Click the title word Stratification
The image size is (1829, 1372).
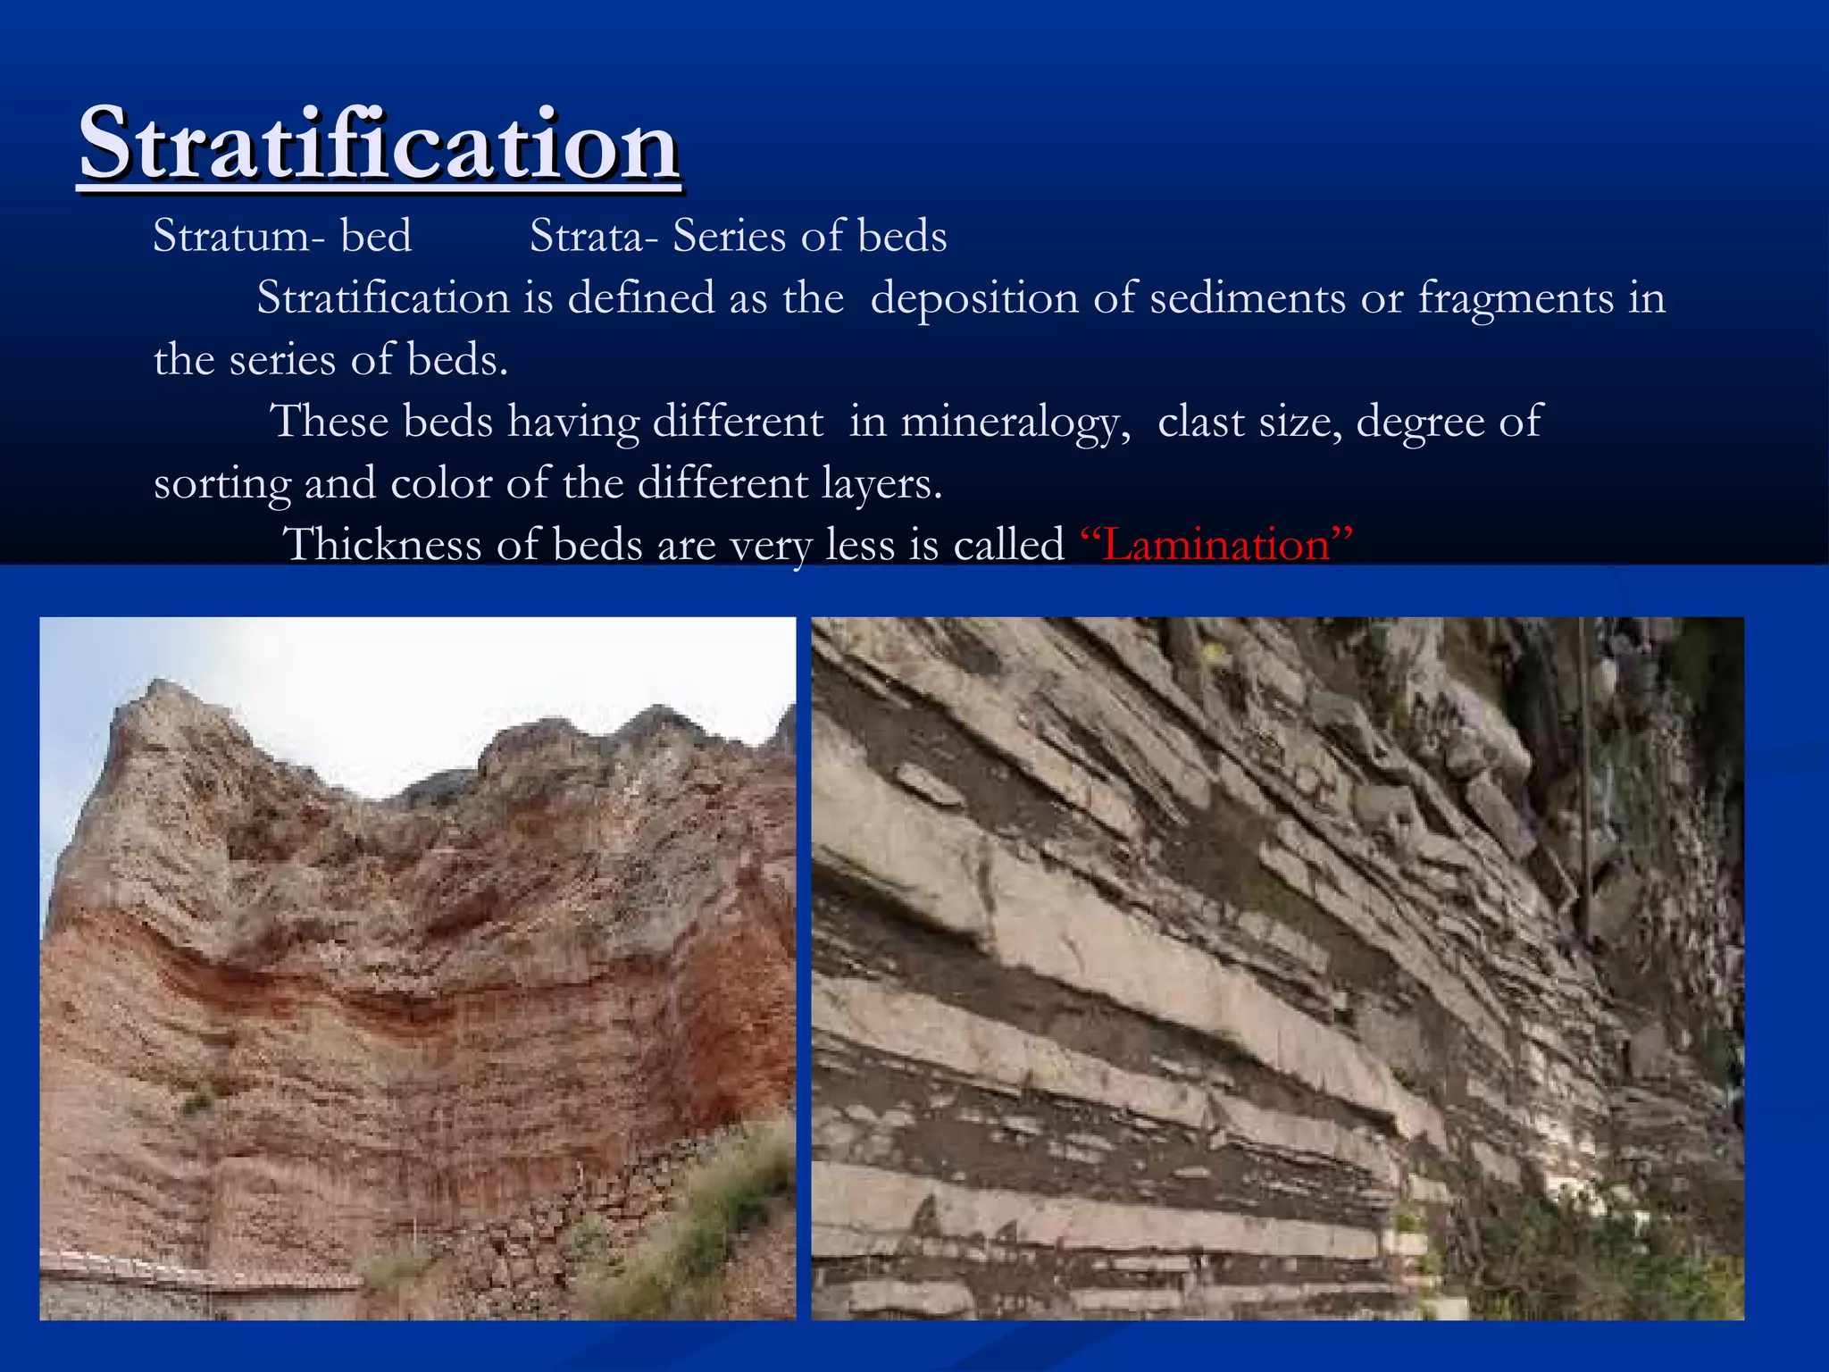pos(380,143)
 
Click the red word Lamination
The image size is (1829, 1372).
pos(1216,544)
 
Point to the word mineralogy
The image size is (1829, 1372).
pos(1015,422)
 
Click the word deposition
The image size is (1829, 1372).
pos(973,297)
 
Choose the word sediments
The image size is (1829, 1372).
pos(1247,297)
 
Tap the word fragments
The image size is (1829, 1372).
pos(1516,299)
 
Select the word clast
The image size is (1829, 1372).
pos(1200,421)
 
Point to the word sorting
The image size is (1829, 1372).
pos(221,485)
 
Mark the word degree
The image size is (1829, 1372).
pos(1419,422)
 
